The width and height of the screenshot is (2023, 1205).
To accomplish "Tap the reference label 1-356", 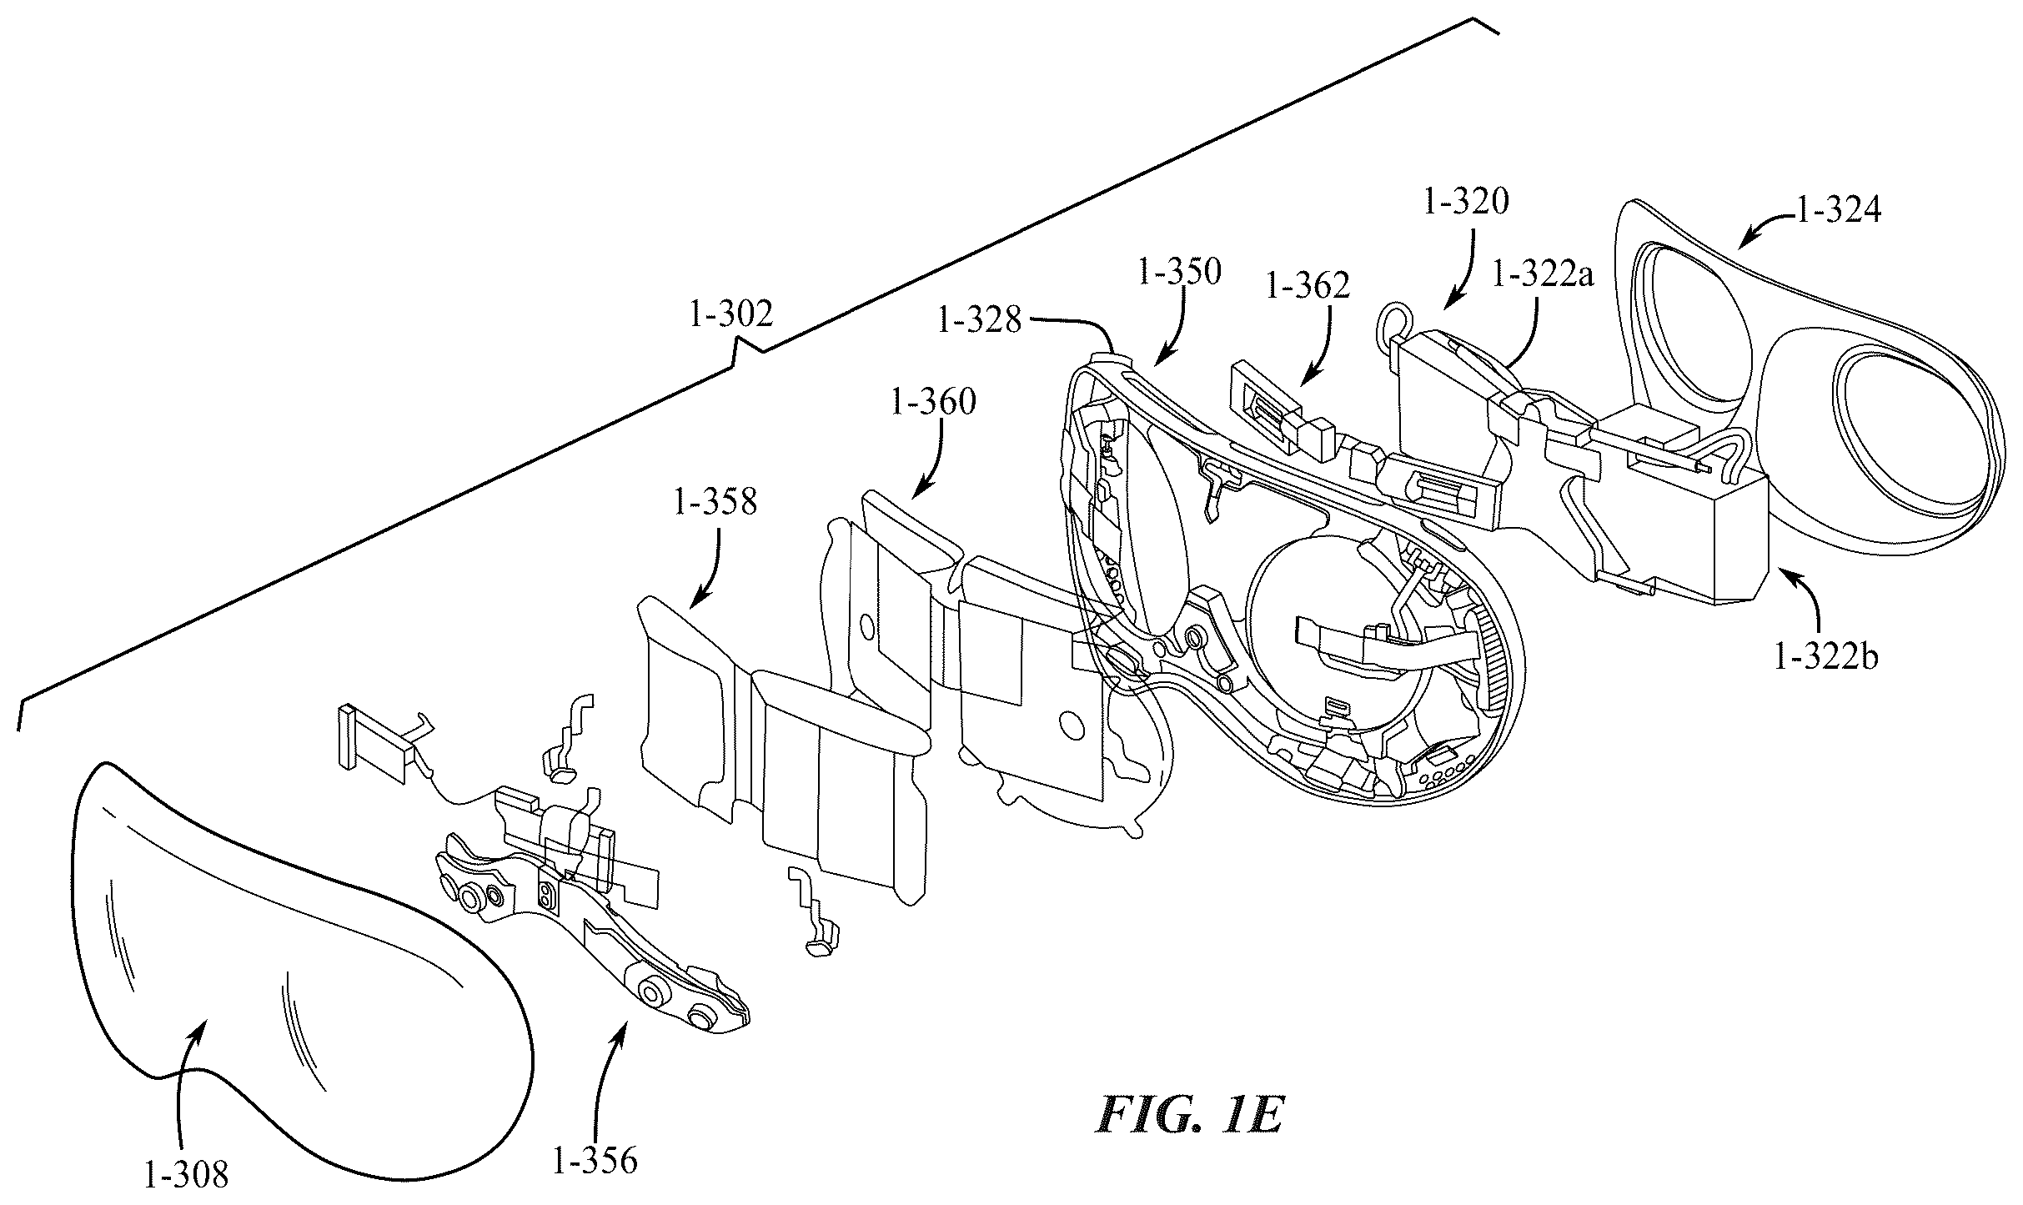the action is (x=595, y=1161).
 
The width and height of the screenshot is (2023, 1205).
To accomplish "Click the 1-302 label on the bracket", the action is (x=731, y=314).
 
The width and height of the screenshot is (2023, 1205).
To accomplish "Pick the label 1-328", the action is (x=979, y=320).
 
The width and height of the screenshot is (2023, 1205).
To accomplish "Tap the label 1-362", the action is (x=1308, y=286).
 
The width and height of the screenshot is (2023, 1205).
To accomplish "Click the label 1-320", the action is (x=1466, y=202).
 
